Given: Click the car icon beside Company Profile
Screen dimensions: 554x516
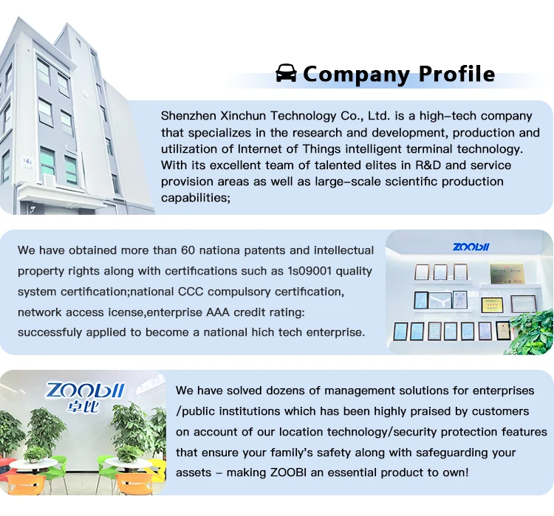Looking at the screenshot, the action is click(286, 73).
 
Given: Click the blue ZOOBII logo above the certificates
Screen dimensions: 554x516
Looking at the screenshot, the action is click(471, 246).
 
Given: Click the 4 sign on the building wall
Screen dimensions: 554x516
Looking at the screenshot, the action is click(28, 159).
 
